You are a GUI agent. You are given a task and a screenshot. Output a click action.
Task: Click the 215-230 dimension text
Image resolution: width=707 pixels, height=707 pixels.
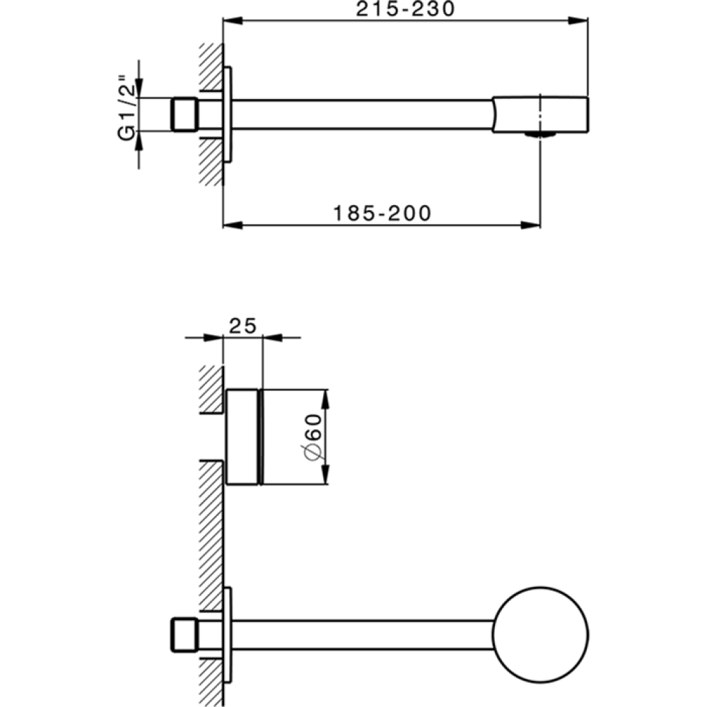(405, 9)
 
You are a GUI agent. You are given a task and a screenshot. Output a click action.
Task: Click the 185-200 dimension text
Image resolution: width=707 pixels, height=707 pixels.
(382, 213)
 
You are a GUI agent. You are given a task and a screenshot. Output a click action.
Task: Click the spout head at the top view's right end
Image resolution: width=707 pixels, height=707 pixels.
(541, 113)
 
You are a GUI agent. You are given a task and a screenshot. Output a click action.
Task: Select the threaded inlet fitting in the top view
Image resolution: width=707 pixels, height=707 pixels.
(185, 114)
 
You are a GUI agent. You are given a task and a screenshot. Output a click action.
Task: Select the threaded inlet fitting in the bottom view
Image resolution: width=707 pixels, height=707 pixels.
(185, 633)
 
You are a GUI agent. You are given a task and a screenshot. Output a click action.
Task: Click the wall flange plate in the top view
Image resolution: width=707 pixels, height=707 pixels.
(227, 115)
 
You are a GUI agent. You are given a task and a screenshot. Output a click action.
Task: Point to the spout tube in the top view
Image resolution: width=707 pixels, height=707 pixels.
(361, 114)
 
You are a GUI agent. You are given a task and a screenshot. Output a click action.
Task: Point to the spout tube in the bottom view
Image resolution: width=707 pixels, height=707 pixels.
(361, 633)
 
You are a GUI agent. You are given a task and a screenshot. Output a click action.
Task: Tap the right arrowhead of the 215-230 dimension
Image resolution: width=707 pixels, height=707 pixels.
(581, 21)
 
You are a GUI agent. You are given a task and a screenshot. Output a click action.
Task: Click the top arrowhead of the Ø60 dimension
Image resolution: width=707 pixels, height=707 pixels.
(326, 396)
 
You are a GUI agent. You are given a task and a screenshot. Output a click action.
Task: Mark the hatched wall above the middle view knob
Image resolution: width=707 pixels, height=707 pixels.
(210, 389)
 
